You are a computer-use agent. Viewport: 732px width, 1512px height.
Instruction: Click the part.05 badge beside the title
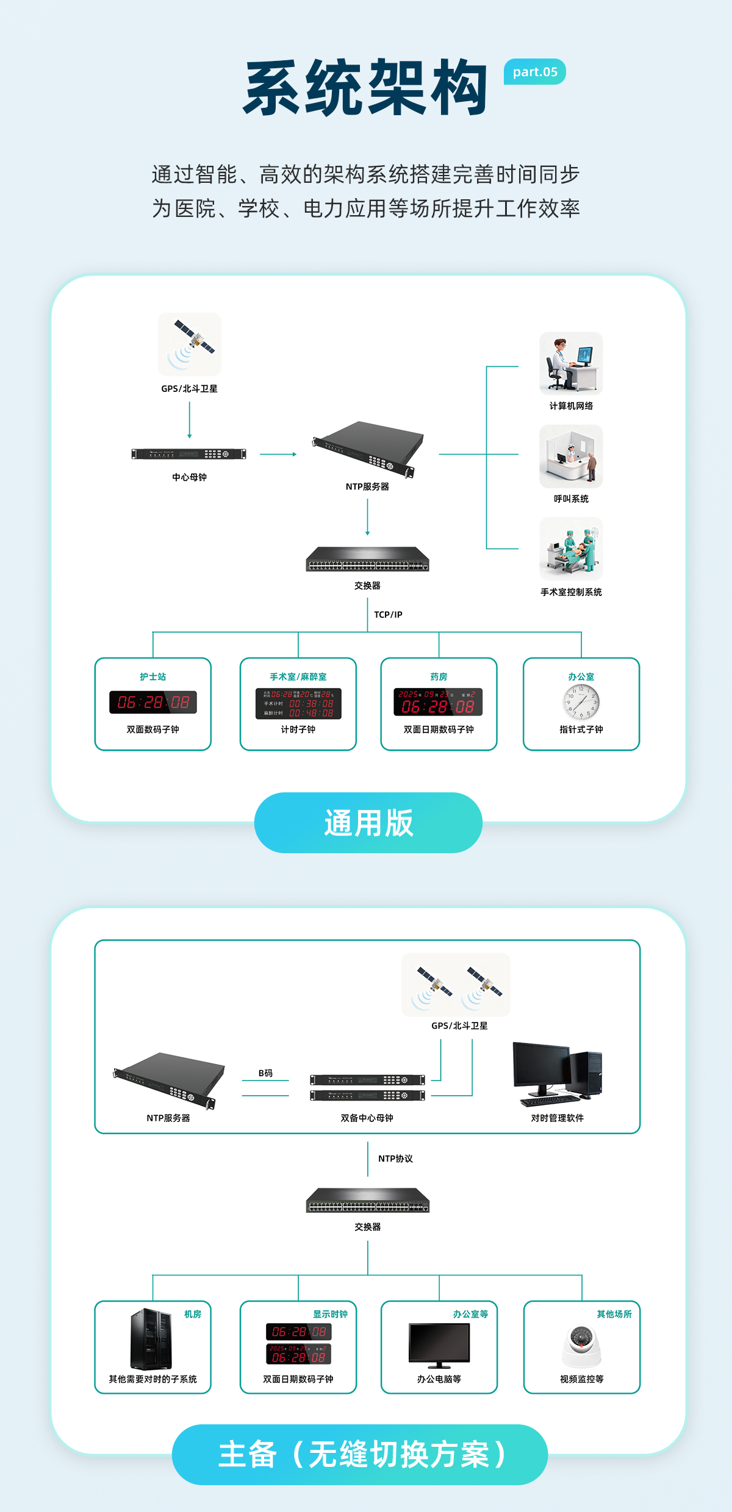pyautogui.click(x=534, y=72)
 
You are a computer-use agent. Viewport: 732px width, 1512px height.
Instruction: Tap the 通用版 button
pyautogui.click(x=368, y=822)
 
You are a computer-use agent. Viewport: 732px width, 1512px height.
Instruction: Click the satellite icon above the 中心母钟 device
pyautogui.click(x=190, y=344)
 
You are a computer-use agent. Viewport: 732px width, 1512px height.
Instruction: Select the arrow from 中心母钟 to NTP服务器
pyautogui.click(x=278, y=454)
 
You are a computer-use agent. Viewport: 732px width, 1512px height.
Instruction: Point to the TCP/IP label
pyautogui.click(x=388, y=614)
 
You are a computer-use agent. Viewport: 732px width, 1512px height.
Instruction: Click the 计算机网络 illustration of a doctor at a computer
pyautogui.click(x=571, y=363)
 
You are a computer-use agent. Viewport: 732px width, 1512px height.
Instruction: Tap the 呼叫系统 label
pyautogui.click(x=571, y=499)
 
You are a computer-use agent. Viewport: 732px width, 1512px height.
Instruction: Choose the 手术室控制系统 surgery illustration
pyautogui.click(x=571, y=548)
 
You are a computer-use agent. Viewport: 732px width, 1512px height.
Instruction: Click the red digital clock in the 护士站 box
pyautogui.click(x=153, y=702)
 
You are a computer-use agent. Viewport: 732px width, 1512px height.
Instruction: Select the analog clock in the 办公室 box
pyautogui.click(x=581, y=703)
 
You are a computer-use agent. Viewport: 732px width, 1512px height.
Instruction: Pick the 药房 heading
pyautogui.click(x=439, y=676)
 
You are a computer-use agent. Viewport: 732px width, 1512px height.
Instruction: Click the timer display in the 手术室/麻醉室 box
pyautogui.click(x=298, y=703)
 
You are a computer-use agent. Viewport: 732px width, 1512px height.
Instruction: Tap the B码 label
pyautogui.click(x=265, y=1073)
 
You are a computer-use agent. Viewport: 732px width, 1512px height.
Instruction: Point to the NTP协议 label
pyautogui.click(x=395, y=1159)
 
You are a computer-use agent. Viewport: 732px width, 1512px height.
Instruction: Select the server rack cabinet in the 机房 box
pyautogui.click(x=151, y=1339)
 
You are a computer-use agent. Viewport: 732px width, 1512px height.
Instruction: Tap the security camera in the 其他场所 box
pyautogui.click(x=581, y=1345)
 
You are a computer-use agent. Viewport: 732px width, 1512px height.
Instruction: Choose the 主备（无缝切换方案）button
pyautogui.click(x=360, y=1454)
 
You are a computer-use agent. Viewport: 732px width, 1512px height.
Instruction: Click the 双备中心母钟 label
pyautogui.click(x=367, y=1118)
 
